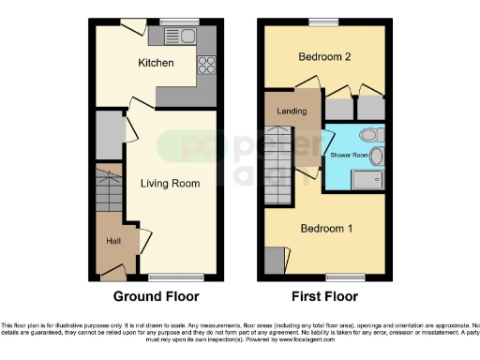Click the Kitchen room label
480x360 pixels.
156,63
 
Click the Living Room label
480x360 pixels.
170,184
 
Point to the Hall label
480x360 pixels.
112,241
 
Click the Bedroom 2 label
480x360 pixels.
324,57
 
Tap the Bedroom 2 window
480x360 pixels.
324,21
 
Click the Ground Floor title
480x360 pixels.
156,297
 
